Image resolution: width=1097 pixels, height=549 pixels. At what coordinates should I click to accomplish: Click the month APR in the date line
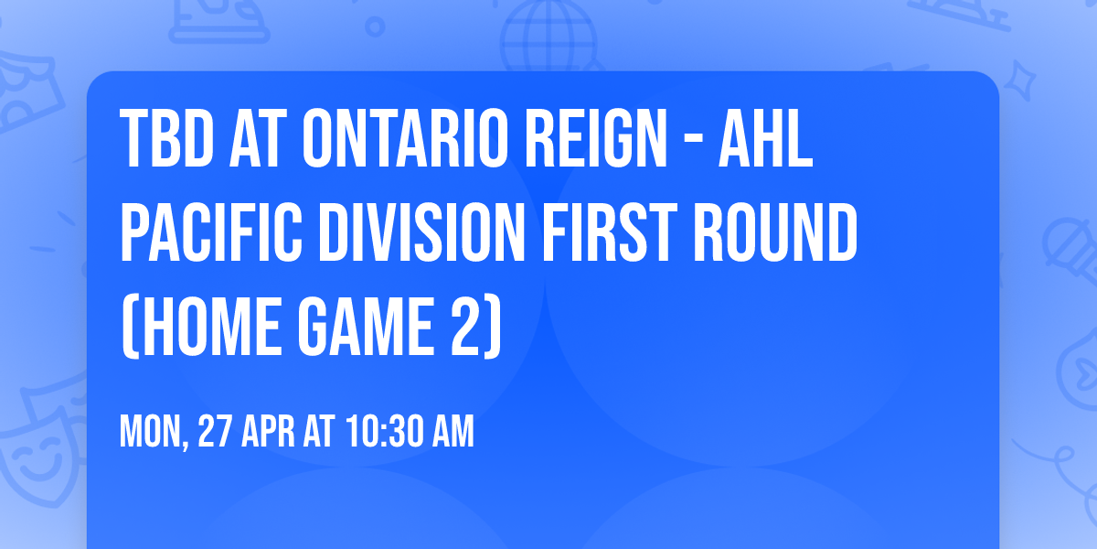(272, 432)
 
